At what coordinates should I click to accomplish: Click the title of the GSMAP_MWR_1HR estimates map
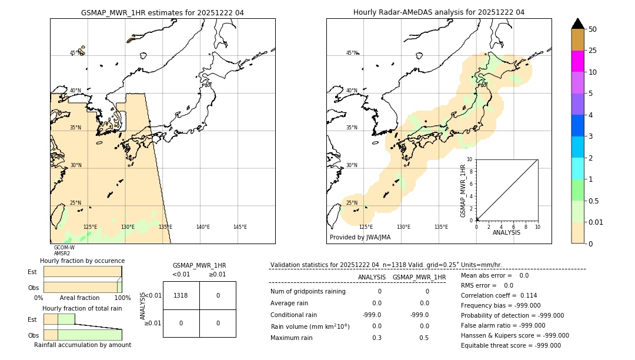tap(162, 12)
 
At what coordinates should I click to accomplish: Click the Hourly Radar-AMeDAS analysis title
tap(439, 12)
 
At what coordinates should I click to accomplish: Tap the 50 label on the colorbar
tap(593, 29)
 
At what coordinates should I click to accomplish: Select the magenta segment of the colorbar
tap(577, 61)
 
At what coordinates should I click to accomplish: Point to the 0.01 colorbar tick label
tap(596, 222)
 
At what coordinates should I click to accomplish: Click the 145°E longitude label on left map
tap(240, 227)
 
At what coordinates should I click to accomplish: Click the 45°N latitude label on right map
tap(352, 53)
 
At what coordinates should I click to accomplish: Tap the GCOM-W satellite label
tap(64, 248)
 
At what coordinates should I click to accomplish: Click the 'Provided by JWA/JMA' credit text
tap(360, 238)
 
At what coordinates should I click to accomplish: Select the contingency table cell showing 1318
tap(181, 295)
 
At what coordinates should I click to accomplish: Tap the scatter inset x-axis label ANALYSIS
tap(506, 232)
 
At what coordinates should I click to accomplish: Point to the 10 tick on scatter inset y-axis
tap(470, 159)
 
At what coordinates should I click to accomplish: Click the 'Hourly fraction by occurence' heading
tap(82, 261)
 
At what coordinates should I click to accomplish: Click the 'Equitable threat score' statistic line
tap(511, 345)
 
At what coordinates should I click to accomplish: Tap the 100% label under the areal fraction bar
tap(122, 298)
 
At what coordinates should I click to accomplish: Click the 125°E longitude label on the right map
tap(366, 227)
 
